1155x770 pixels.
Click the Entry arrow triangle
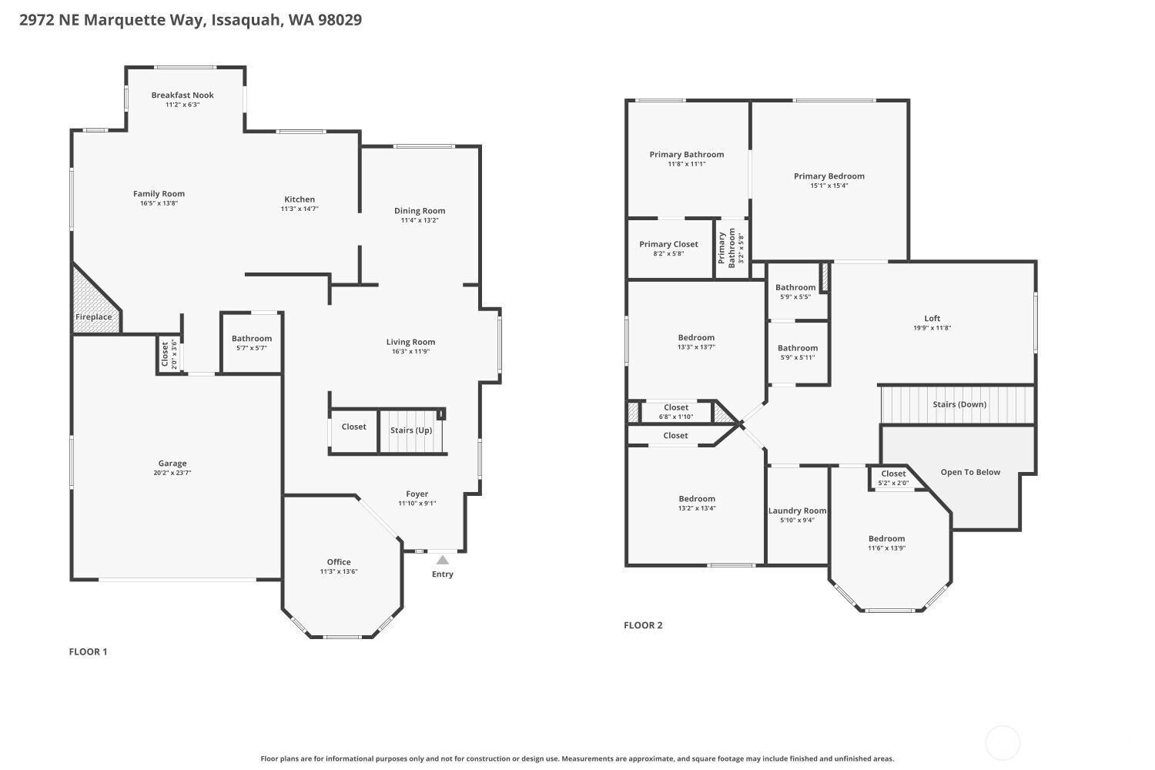(443, 560)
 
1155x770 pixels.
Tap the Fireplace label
(93, 316)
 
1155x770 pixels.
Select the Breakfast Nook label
(182, 95)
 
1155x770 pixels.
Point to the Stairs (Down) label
(959, 404)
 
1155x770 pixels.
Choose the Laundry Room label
(797, 511)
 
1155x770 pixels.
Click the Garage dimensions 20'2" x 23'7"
(172, 473)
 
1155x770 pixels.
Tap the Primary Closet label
(669, 244)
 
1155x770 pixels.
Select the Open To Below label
(970, 472)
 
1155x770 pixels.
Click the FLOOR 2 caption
(643, 625)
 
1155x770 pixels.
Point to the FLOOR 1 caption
(89, 651)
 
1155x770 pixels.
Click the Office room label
(339, 561)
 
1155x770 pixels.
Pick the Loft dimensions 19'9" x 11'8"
(932, 327)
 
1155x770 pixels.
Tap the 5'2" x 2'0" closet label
(893, 484)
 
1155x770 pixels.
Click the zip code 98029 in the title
(340, 19)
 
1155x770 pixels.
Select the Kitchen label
(300, 199)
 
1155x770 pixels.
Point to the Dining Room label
(420, 210)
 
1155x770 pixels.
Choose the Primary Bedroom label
(829, 176)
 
